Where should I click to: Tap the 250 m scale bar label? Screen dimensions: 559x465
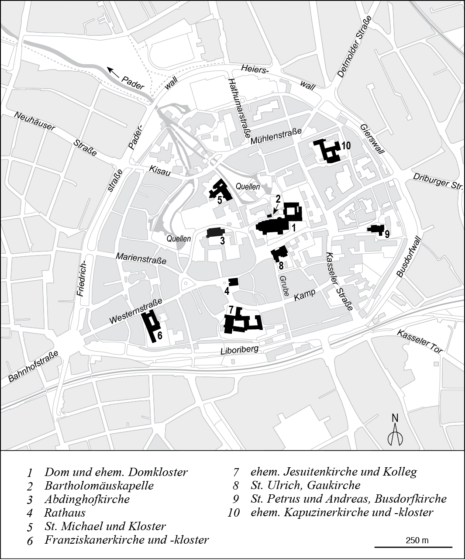click(x=417, y=540)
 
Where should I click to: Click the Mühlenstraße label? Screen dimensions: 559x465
click(x=276, y=137)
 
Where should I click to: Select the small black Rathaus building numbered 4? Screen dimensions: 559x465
click(x=233, y=282)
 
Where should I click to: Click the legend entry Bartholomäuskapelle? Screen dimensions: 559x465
click(x=99, y=486)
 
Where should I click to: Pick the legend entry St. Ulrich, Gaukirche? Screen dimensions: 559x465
click(x=305, y=485)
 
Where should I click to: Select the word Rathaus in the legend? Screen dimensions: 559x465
click(x=65, y=512)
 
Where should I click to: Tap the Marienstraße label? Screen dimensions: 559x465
click(x=141, y=258)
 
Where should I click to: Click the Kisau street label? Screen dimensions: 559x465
click(x=159, y=170)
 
